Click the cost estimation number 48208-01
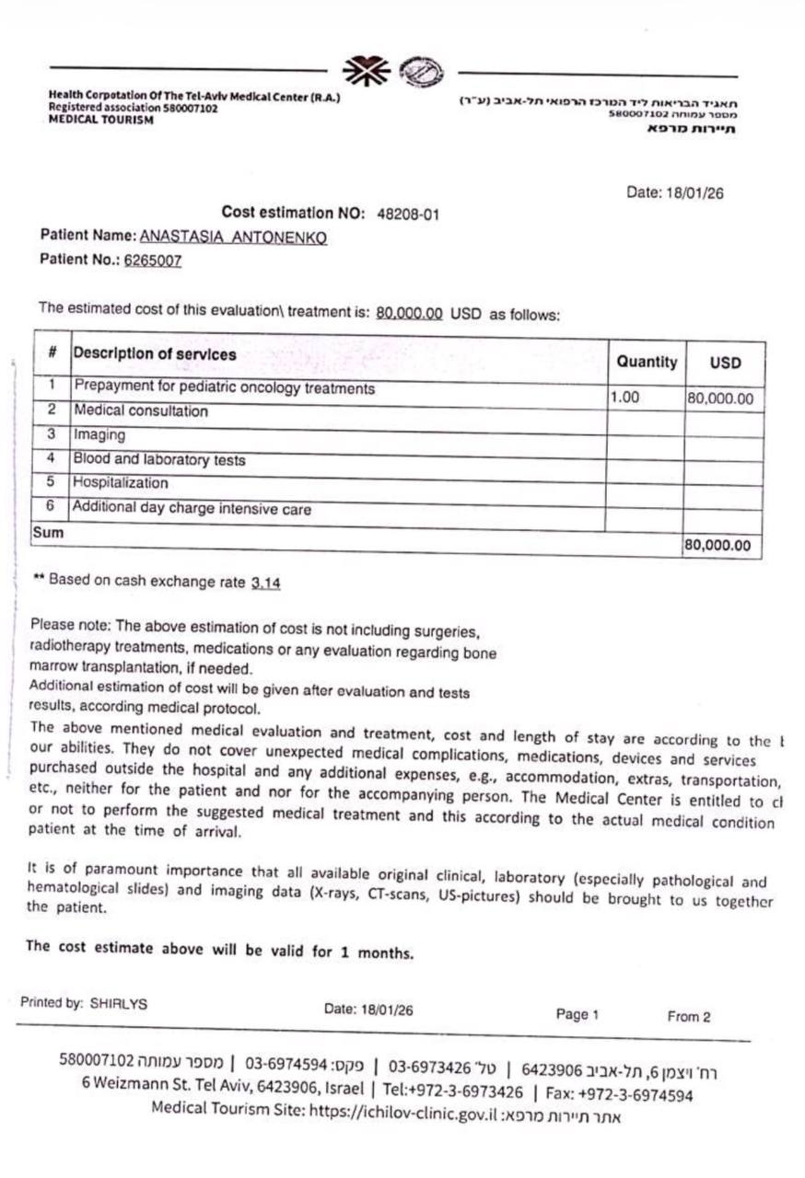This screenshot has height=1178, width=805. coord(408,214)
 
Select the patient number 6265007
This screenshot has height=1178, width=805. coord(153,260)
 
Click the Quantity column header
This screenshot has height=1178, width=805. coord(647,362)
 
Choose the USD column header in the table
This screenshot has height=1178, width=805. coord(725,364)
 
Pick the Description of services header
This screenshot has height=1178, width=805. coord(154,354)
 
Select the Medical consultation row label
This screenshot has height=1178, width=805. coord(141,411)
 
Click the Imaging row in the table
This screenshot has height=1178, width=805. coord(99,434)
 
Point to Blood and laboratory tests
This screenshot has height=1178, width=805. coord(159,458)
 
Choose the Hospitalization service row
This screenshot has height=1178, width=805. coord(121,482)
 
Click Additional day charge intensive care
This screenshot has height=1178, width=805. coord(192,507)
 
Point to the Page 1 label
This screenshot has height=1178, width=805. coord(577,1014)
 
